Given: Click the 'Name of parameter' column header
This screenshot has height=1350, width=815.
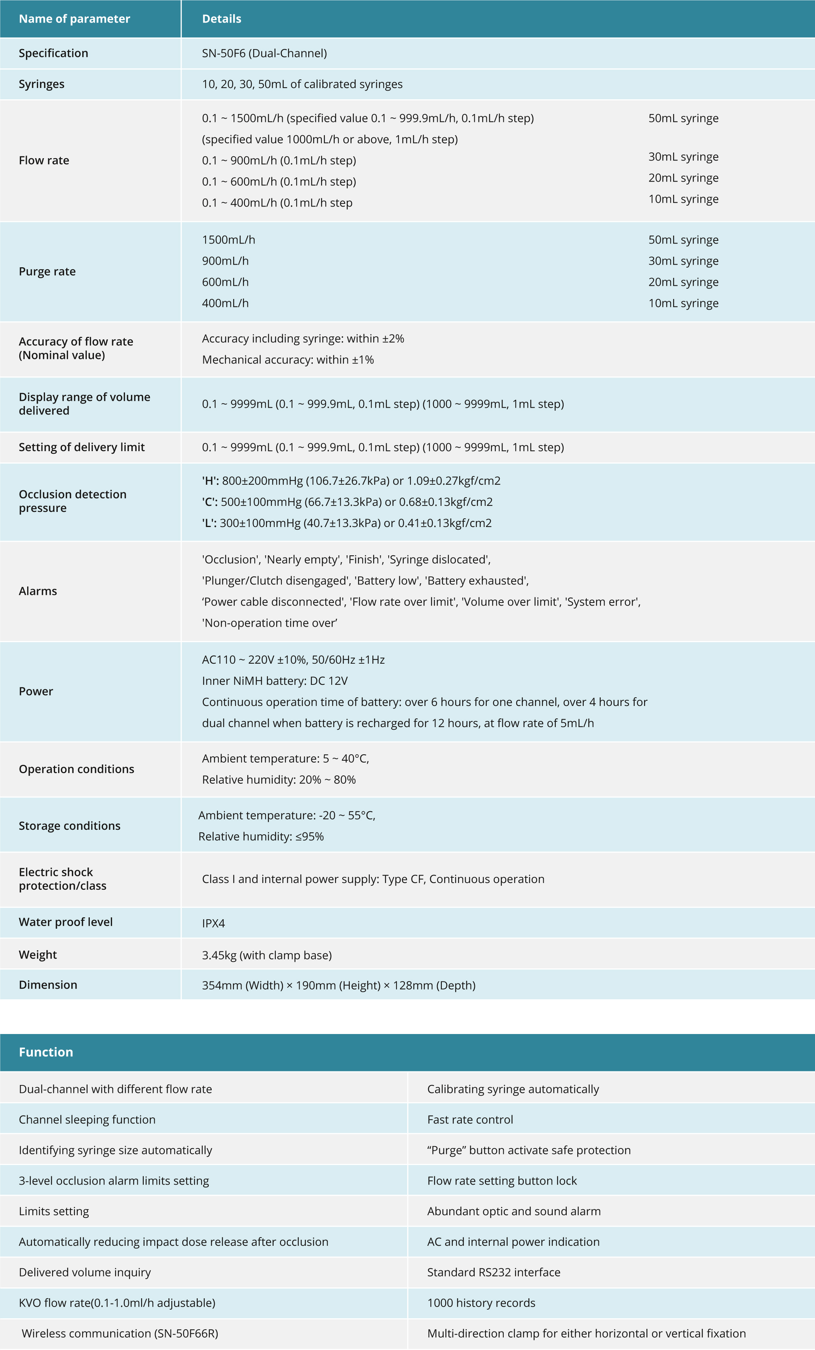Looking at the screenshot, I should [x=74, y=18].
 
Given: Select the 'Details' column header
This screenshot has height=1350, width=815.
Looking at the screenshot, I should [x=221, y=18].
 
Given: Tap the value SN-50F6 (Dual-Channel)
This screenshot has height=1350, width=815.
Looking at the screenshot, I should [x=264, y=53].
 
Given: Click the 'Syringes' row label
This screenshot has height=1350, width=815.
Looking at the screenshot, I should [x=42, y=84].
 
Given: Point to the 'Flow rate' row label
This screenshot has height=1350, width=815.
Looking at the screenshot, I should [x=44, y=160].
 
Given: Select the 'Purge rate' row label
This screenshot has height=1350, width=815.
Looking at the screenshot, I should [x=47, y=272].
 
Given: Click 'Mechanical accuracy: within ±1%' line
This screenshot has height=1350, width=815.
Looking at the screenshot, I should [x=288, y=360].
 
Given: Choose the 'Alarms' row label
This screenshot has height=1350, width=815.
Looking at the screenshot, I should [x=38, y=591].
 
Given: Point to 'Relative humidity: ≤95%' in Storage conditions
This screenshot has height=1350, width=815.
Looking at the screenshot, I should [x=261, y=837].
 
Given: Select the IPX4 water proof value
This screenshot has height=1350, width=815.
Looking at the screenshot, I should [x=213, y=923].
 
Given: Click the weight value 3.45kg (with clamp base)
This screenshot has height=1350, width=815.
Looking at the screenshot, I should [x=267, y=955].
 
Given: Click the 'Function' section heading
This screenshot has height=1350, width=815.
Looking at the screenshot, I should [x=46, y=1052].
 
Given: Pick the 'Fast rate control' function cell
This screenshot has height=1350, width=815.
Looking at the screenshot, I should [x=470, y=1120].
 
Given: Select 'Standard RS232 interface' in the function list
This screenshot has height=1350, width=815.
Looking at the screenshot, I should [x=494, y=1272].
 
